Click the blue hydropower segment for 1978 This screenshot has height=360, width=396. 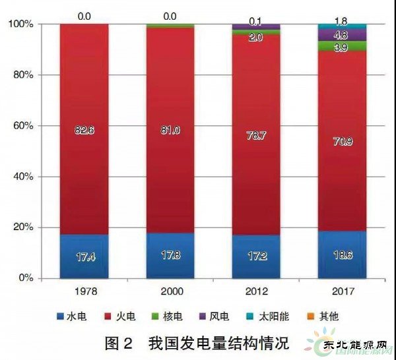click(84, 256)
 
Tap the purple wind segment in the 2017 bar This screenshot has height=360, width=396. click(343, 35)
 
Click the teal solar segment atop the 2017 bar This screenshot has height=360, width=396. click(343, 27)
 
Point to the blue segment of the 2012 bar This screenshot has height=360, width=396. click(256, 256)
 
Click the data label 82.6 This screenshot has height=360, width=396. click(84, 131)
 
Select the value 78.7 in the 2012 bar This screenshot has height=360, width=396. click(256, 135)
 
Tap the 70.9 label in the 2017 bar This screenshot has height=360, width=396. click(343, 140)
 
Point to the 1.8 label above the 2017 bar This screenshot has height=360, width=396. click(343, 11)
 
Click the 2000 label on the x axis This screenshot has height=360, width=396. click(170, 291)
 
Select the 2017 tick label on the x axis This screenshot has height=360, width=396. click(343, 291)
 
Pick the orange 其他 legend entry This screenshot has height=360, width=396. click(323, 316)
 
